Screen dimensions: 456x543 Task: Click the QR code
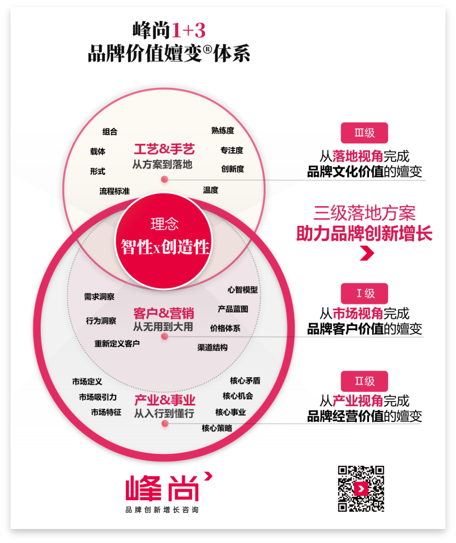click(x=361, y=489)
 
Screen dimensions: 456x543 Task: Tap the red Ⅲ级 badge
click(x=364, y=133)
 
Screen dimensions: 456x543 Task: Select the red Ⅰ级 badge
click(x=364, y=293)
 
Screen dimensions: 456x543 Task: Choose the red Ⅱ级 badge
click(x=364, y=381)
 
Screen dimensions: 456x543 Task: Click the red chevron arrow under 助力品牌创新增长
click(x=367, y=254)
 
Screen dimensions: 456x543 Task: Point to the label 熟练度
click(x=223, y=131)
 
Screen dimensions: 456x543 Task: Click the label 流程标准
click(x=115, y=191)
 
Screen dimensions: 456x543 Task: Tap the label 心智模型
click(x=242, y=290)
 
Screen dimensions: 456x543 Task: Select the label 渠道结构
click(x=212, y=347)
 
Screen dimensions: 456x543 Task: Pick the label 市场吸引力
click(x=98, y=397)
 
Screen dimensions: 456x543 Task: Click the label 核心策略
click(x=217, y=428)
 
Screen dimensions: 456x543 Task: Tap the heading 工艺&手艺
click(x=164, y=149)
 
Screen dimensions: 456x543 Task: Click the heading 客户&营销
click(x=164, y=313)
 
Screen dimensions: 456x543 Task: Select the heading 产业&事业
click(x=165, y=400)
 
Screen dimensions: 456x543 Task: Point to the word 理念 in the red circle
click(x=165, y=224)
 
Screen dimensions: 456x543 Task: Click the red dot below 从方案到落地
click(x=165, y=179)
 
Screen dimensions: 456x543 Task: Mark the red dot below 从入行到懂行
click(x=165, y=423)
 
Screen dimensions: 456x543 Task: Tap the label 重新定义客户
click(x=117, y=344)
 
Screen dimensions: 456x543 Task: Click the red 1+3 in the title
click(x=189, y=31)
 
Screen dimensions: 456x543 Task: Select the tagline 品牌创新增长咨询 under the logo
click(x=162, y=510)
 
